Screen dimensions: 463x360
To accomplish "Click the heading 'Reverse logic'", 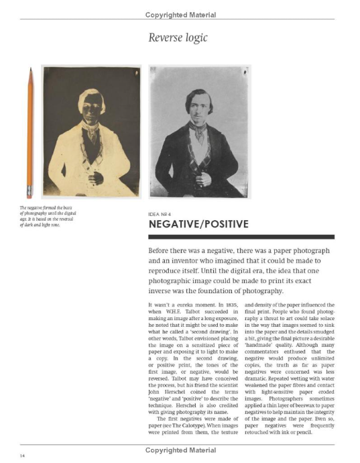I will (180, 39).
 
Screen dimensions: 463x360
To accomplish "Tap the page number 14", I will (23, 456).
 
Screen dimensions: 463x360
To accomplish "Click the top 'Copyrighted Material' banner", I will (180, 15).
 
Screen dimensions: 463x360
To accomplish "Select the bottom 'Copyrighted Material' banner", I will (180, 450).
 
